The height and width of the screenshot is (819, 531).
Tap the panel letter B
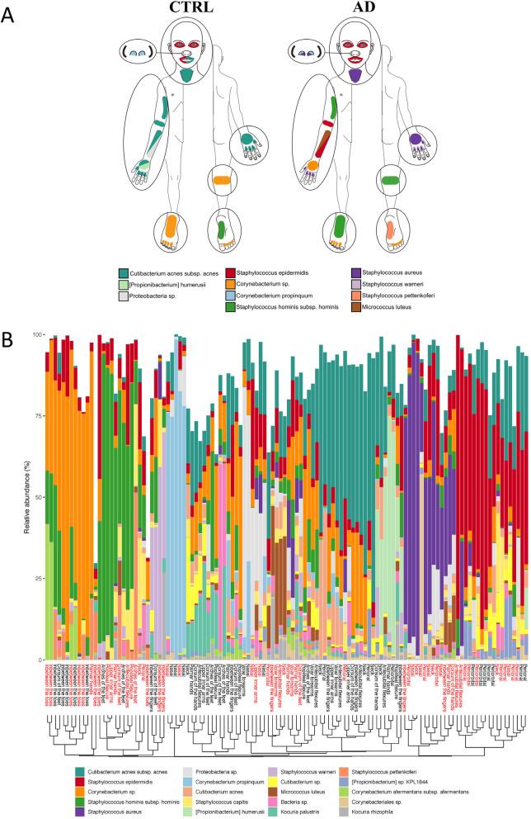(x=11, y=317)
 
